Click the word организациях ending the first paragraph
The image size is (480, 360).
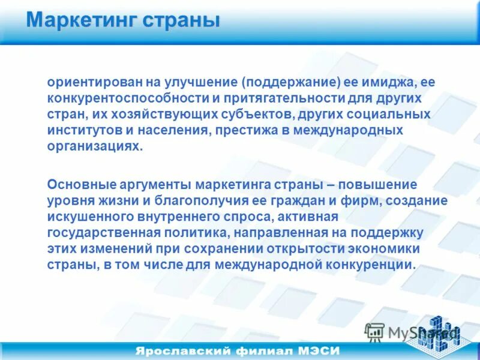click(95, 146)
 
